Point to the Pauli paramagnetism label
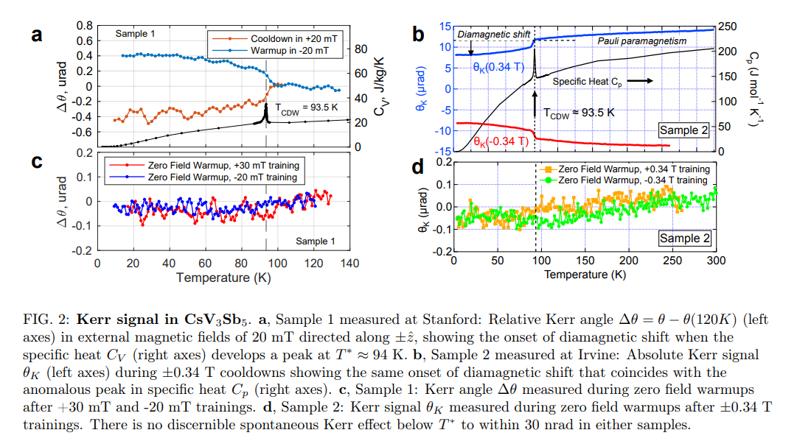(x=641, y=41)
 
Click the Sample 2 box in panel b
(x=683, y=130)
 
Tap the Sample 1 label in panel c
(x=316, y=241)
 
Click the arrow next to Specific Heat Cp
(x=638, y=81)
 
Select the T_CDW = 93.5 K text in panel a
(x=304, y=106)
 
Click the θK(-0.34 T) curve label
(x=501, y=140)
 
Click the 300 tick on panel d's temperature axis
(x=715, y=261)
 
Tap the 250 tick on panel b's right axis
(x=726, y=27)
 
